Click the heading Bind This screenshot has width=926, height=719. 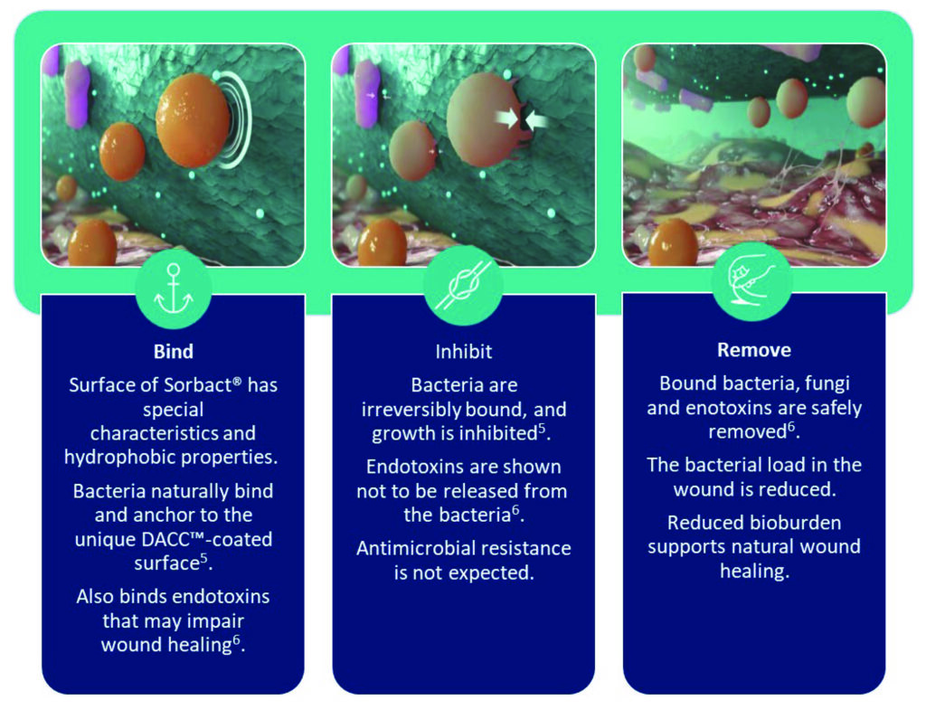click(173, 352)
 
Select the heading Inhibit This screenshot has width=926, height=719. click(464, 352)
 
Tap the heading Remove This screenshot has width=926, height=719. click(754, 350)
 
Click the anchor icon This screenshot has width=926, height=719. click(173, 289)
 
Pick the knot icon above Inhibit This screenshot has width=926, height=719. click(464, 286)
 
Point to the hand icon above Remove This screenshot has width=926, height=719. click(751, 279)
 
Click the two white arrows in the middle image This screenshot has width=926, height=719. click(522, 120)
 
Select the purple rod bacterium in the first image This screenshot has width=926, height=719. click(77, 94)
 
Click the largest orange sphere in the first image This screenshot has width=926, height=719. click(193, 120)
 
